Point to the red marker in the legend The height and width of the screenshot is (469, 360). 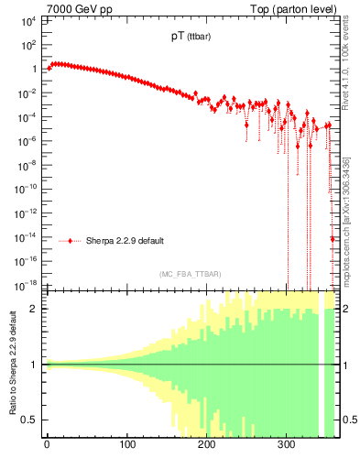click(x=71, y=241)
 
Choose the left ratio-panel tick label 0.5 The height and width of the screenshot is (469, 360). click(x=31, y=420)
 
